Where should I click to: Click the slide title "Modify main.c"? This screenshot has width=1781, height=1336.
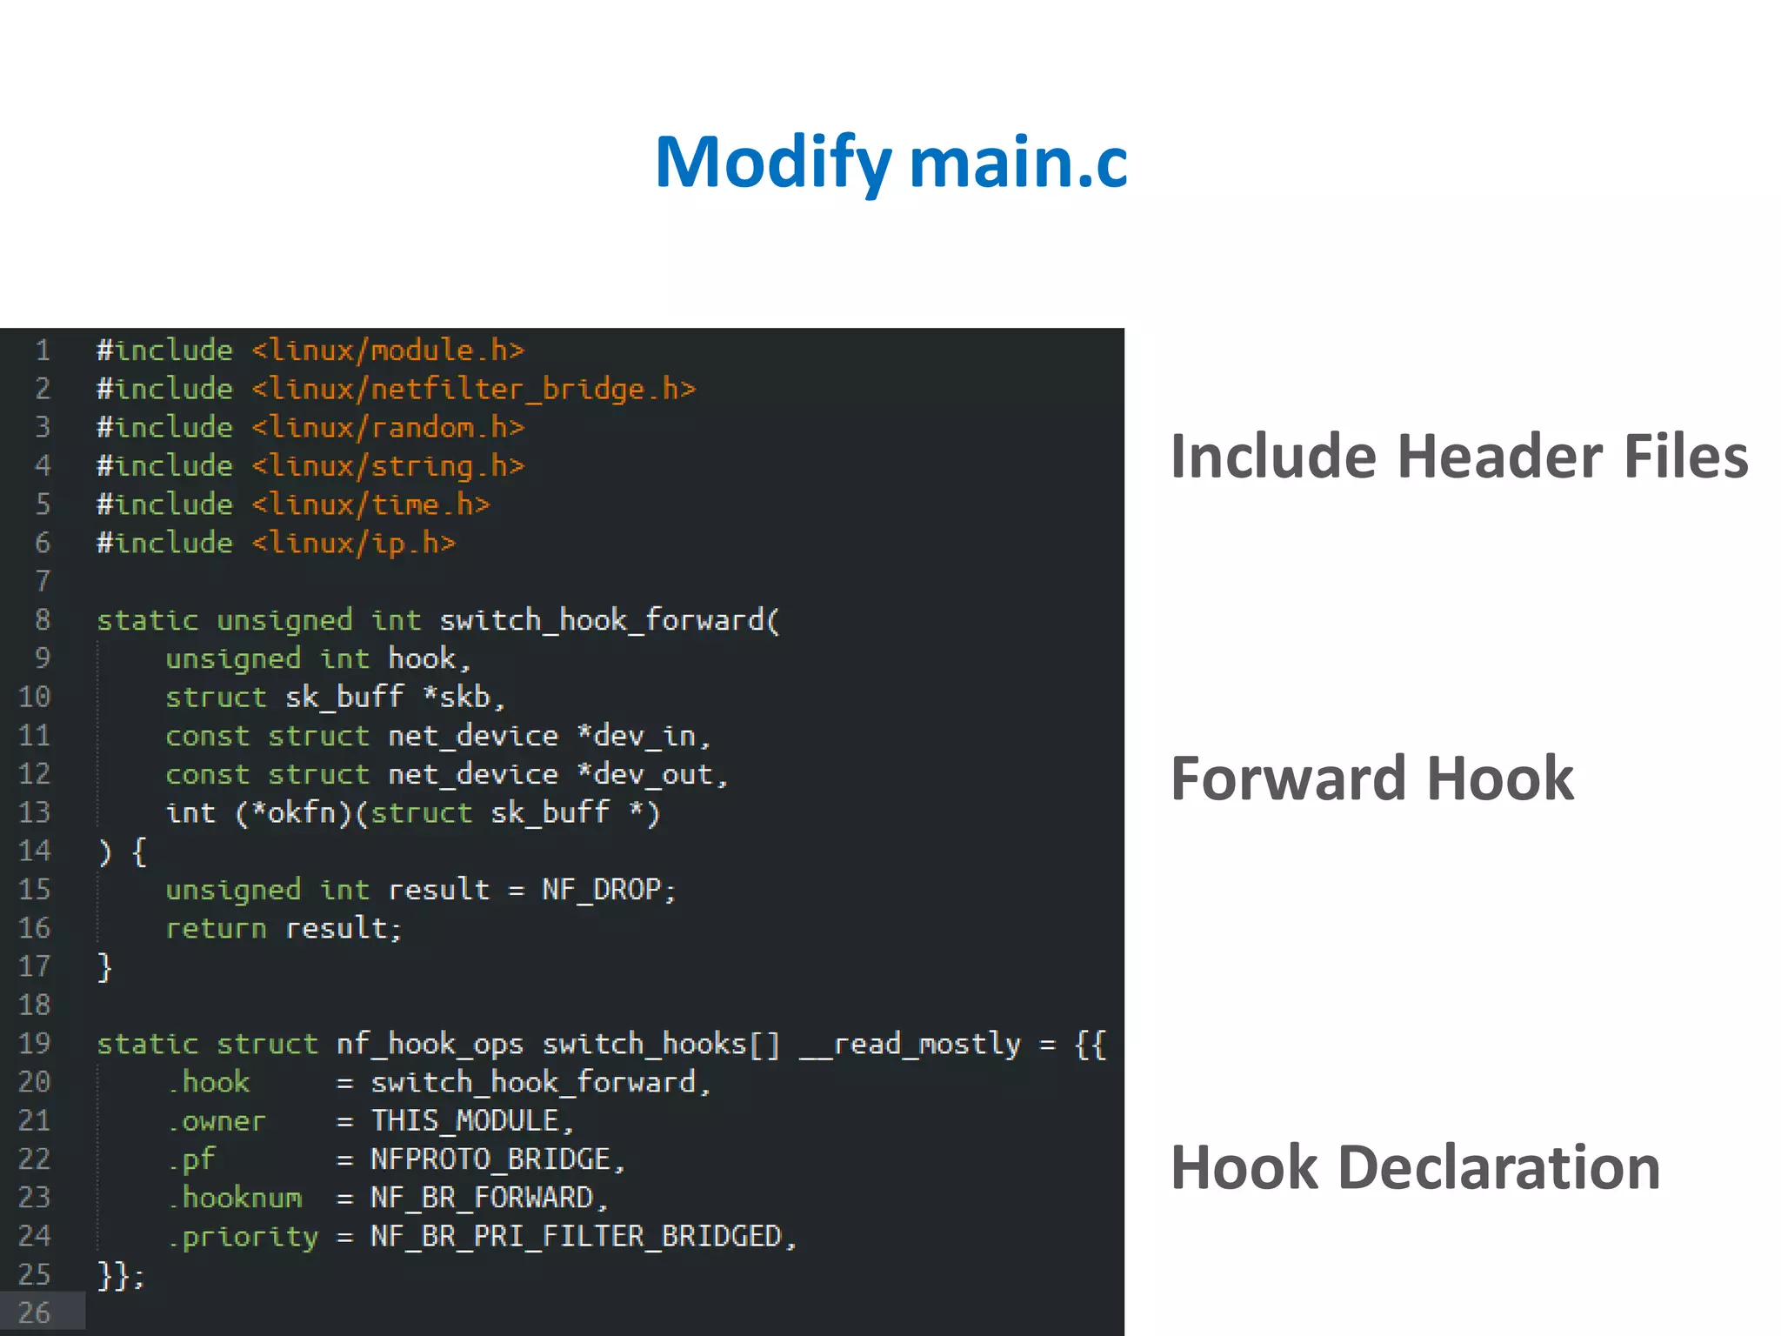tap(890, 163)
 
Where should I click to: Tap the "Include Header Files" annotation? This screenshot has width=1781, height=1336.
tap(1458, 457)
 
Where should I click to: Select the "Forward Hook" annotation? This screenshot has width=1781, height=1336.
tap(1371, 778)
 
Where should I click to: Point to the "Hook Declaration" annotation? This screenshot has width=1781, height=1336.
tap(1415, 1167)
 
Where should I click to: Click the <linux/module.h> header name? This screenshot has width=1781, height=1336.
tap(388, 351)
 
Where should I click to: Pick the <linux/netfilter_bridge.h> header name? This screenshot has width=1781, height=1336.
tap(474, 389)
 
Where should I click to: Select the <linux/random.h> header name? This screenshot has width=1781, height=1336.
tap(388, 427)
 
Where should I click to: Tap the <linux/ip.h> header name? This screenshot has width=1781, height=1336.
tap(354, 543)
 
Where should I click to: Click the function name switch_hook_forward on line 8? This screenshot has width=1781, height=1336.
tap(601, 620)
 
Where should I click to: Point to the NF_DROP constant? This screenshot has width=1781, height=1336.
tap(601, 890)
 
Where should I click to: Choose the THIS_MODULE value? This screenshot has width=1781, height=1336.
tap(464, 1120)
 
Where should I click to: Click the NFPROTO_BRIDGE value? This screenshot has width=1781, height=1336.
tap(490, 1159)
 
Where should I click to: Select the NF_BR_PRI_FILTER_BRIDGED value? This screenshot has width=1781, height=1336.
tap(576, 1236)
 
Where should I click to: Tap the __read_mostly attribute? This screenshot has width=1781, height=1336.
tap(910, 1044)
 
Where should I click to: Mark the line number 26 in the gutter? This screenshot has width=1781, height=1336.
tap(35, 1313)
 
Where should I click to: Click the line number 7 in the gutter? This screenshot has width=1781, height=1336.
tap(43, 581)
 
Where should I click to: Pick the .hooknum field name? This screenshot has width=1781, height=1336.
tap(235, 1198)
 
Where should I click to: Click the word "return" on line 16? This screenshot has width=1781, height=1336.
tap(216, 928)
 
